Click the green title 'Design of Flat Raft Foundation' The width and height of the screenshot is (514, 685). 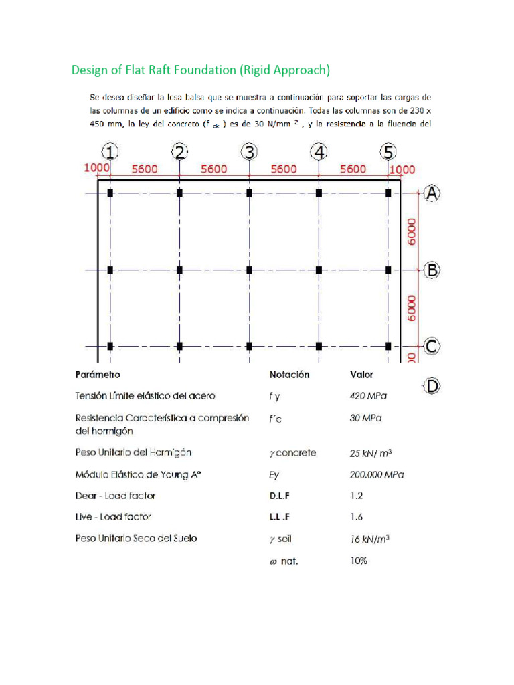201,70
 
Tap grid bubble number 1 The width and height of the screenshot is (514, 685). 110,153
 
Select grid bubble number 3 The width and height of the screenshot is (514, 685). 249,153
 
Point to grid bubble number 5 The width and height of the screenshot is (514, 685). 388,153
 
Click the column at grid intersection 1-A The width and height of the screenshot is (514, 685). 110,193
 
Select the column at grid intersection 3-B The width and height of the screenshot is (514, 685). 249,270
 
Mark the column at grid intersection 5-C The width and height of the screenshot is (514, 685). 388,346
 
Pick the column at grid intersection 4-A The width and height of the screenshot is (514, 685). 319,193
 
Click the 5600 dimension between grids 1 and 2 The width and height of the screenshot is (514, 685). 145,170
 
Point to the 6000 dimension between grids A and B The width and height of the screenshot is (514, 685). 411,231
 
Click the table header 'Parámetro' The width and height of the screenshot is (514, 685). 98,375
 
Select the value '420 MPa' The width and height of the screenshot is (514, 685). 368,396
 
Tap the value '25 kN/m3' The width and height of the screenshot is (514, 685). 370,453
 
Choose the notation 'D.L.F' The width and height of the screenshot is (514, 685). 282,496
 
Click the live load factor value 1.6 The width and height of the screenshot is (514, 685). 356,517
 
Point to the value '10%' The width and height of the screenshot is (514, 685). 359,561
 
